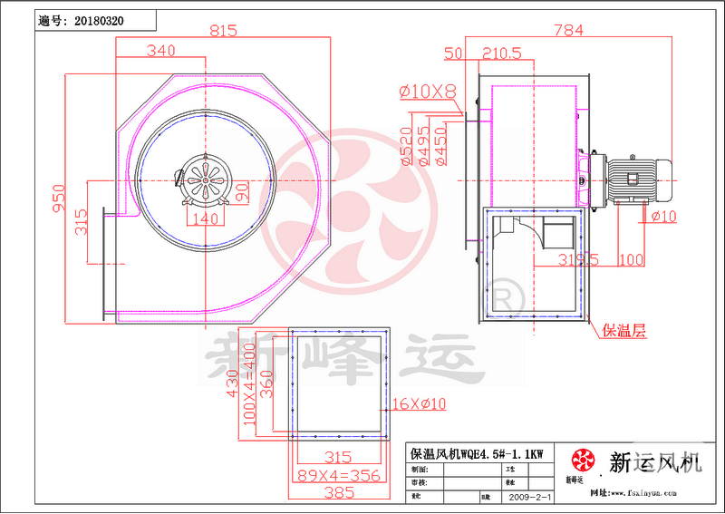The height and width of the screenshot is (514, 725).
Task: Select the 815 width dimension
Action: click(x=222, y=30)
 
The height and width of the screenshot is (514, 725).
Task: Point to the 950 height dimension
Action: click(x=56, y=199)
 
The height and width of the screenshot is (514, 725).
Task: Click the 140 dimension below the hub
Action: click(x=208, y=218)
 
